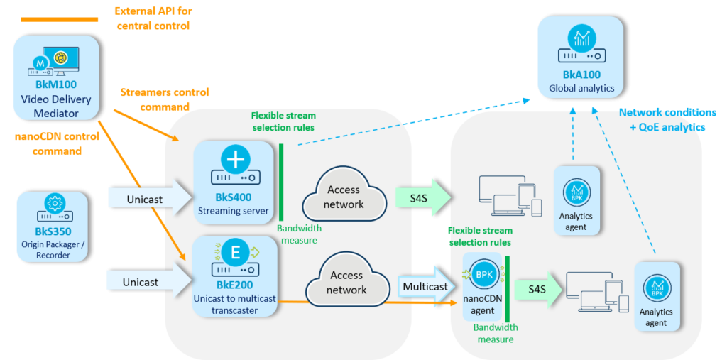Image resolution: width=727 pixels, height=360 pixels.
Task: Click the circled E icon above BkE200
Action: click(x=234, y=252)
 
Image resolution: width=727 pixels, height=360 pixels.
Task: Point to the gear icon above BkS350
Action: click(x=53, y=204)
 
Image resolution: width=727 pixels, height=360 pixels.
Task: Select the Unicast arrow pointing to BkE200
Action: click(x=148, y=282)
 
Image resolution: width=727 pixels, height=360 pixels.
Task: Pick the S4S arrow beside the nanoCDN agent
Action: click(x=536, y=288)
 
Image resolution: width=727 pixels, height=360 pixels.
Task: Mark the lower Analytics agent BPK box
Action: click(x=657, y=295)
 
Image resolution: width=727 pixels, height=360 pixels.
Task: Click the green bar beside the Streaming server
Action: click(x=281, y=182)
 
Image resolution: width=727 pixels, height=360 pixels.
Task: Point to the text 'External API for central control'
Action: click(x=153, y=18)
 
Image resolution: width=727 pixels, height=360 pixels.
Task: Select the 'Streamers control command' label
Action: click(x=155, y=99)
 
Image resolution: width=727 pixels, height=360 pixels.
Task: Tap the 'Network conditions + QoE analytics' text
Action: click(x=666, y=119)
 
